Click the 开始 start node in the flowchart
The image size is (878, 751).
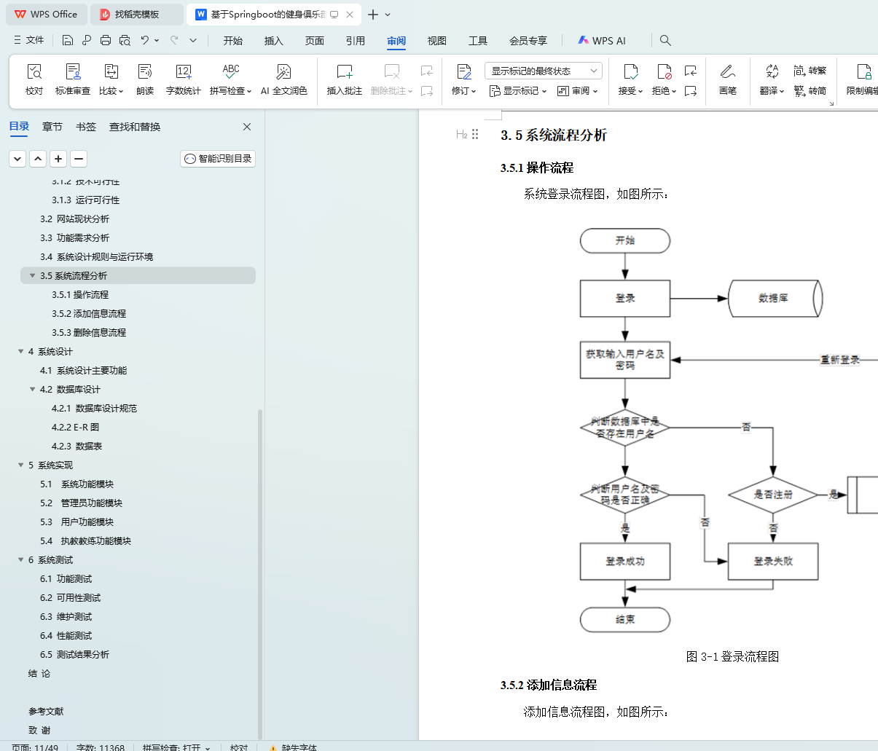(624, 240)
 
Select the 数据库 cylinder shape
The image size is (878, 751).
(774, 298)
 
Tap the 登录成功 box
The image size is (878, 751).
(624, 561)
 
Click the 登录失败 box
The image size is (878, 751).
(773, 561)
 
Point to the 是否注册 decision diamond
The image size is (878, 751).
(773, 495)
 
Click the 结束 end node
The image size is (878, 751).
(624, 620)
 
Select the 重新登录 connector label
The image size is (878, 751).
(839, 360)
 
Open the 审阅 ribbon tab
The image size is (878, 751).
(396, 41)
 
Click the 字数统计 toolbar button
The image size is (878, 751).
(183, 79)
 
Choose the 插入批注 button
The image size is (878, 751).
(344, 79)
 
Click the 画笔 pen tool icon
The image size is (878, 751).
(727, 79)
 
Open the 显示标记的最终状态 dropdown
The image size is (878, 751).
(543, 71)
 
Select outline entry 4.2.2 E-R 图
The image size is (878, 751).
(75, 428)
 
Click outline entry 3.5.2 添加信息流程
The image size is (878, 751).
(89, 314)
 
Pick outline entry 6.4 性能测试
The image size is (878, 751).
(66, 636)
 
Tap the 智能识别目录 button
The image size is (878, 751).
(218, 159)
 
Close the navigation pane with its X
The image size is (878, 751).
(247, 127)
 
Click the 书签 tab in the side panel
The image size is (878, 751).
(86, 127)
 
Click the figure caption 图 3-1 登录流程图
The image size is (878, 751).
(732, 657)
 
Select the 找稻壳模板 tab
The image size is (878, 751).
(136, 15)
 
